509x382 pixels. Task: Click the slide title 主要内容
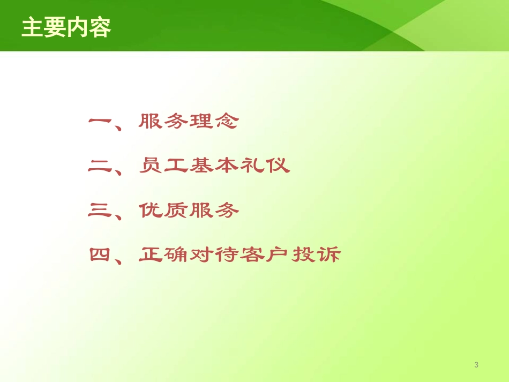[66, 27]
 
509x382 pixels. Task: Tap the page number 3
[476, 365]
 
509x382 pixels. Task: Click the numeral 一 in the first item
[100, 122]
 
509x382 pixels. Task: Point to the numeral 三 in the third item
[100, 211]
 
